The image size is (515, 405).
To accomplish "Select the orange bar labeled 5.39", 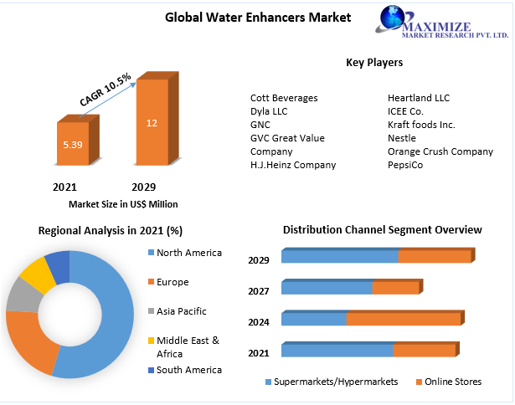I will click(72, 144).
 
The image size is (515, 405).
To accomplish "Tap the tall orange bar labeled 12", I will click(152, 123).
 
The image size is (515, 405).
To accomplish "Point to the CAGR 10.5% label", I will click(106, 90).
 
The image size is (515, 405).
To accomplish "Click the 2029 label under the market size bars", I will click(143, 187).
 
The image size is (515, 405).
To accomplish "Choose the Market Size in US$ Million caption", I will click(123, 203).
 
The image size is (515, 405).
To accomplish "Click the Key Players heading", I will click(374, 62).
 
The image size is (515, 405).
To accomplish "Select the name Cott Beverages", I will click(284, 98).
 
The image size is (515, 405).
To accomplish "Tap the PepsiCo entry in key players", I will click(405, 165).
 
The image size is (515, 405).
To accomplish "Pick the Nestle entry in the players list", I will click(402, 138).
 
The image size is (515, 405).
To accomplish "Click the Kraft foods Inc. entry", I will click(421, 125).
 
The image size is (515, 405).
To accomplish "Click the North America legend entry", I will click(188, 253).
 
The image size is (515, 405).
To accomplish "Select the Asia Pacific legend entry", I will click(181, 311).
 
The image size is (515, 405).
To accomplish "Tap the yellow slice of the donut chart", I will click(35, 274).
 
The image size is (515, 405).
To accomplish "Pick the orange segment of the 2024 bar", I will click(404, 319).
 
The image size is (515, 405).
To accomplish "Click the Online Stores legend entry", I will click(453, 382).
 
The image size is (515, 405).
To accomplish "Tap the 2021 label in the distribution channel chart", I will click(259, 353).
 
